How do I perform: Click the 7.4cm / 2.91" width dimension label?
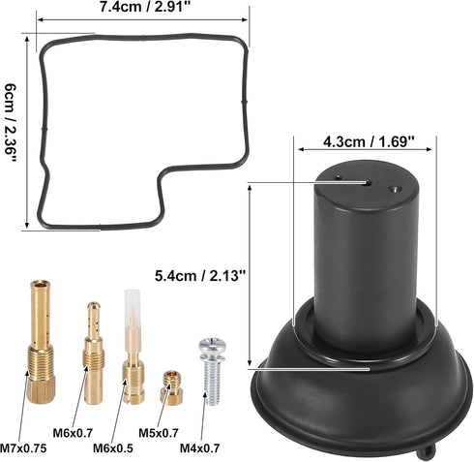[x=143, y=7]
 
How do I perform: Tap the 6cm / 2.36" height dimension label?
[x=11, y=123]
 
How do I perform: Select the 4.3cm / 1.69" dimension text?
[x=369, y=141]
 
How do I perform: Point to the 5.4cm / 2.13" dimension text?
[x=200, y=276]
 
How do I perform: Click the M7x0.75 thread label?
[x=23, y=448]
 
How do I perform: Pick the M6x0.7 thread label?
[x=73, y=433]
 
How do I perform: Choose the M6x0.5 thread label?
[x=112, y=448]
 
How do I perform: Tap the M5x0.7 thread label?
[x=159, y=433]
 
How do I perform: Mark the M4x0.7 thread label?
[x=199, y=448]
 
